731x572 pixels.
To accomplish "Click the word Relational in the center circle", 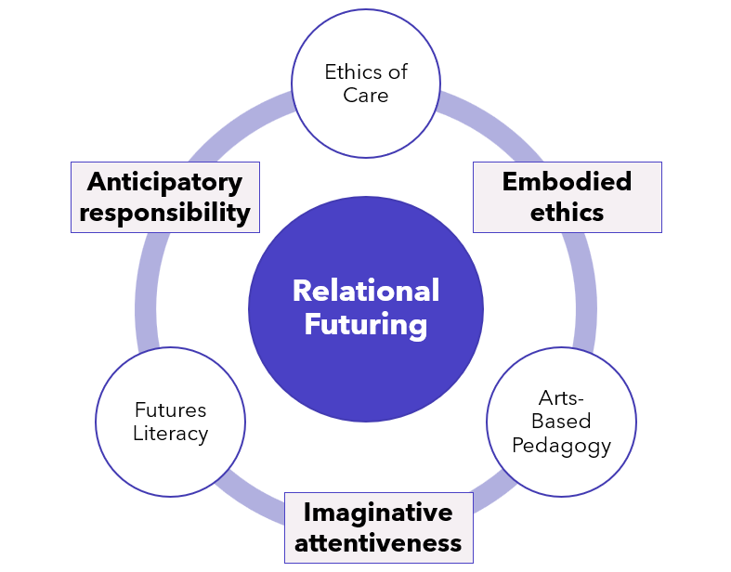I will tap(365, 291).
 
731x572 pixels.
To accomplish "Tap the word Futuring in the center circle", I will tap(365, 325).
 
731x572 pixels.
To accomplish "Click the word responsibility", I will tap(165, 213).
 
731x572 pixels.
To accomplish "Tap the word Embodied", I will tap(567, 181).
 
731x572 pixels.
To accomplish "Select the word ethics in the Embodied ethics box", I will tap(567, 213).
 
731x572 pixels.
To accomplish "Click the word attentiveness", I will tap(378, 543).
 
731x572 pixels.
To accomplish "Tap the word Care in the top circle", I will tap(365, 96).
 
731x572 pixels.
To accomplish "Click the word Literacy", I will tap(170, 434).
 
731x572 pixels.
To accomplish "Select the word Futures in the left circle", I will tap(170, 409).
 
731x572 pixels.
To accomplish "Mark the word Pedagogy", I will tap(561, 446).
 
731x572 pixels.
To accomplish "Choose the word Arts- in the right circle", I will tap(561, 398).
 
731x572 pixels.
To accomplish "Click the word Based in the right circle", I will tap(561, 422).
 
